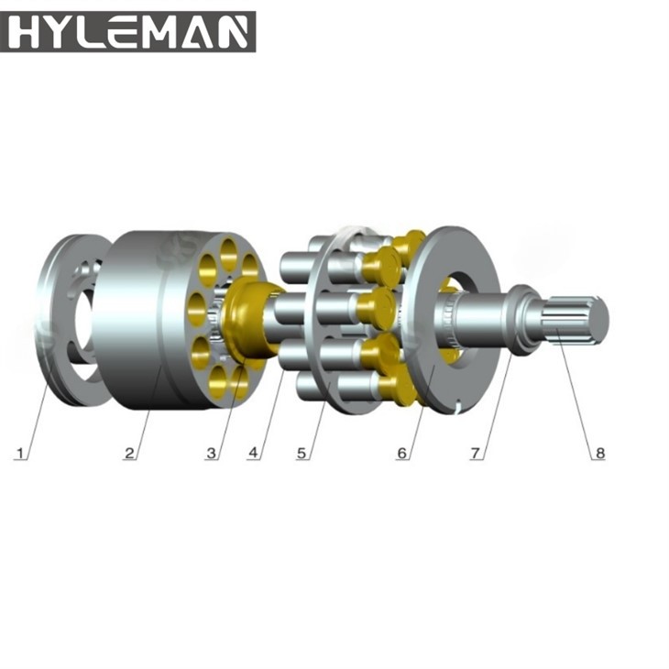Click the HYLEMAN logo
(x=128, y=32)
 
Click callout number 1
(x=20, y=453)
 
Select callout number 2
(x=130, y=453)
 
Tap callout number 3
(x=212, y=453)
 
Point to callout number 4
(x=254, y=453)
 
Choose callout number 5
(x=302, y=453)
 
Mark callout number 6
(x=402, y=453)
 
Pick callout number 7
(x=476, y=453)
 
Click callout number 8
(x=600, y=453)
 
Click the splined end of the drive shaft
(x=576, y=320)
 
